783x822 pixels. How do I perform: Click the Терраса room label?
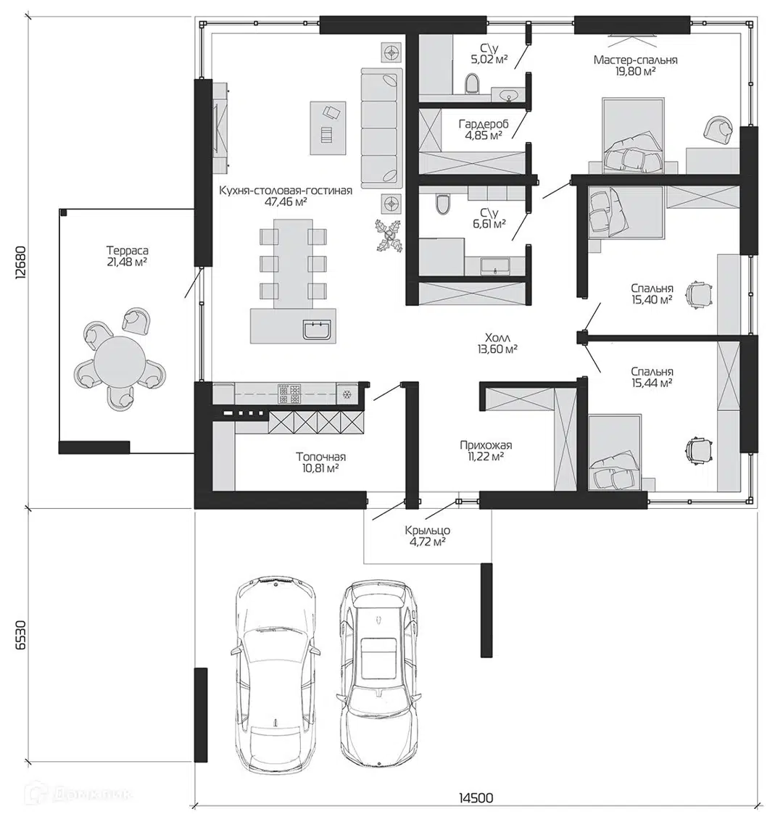click(x=128, y=251)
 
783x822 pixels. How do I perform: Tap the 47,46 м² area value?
click(x=286, y=202)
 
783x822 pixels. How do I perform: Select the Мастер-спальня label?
click(x=636, y=59)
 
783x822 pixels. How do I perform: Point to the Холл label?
click(x=497, y=337)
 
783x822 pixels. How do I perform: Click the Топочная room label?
click(x=320, y=457)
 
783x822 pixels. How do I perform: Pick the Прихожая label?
click(x=486, y=445)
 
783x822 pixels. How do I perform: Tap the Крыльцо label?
click(x=428, y=531)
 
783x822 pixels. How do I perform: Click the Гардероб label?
click(x=484, y=124)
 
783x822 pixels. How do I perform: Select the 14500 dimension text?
click(x=476, y=798)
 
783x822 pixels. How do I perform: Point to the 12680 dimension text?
click(x=20, y=262)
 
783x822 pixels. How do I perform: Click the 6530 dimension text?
click(x=20, y=635)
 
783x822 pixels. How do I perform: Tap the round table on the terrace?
click(x=120, y=361)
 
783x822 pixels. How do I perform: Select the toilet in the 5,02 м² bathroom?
click(x=473, y=84)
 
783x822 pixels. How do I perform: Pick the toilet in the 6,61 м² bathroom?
click(x=443, y=204)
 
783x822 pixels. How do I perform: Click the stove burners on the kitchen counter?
click(x=289, y=393)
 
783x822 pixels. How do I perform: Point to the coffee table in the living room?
click(x=328, y=128)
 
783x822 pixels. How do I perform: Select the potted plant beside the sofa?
click(x=389, y=236)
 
